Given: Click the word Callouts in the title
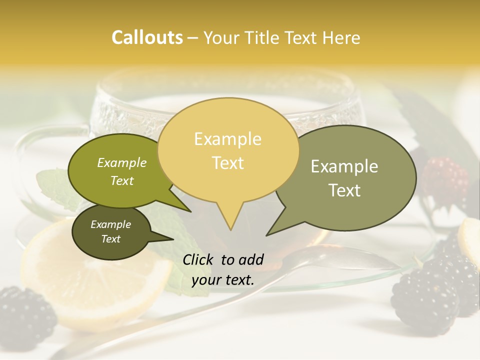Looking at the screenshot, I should pyautogui.click(x=147, y=37).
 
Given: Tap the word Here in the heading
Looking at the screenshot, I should pyautogui.click(x=341, y=38).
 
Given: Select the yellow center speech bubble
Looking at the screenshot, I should pyautogui.click(x=228, y=150).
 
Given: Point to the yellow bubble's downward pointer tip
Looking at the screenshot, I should pyautogui.click(x=230, y=229).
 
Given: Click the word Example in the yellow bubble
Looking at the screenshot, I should pyautogui.click(x=227, y=139).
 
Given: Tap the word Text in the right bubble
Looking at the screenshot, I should pyautogui.click(x=344, y=190).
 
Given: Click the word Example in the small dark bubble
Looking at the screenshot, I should pyautogui.click(x=110, y=224).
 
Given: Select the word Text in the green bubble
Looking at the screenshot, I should pyautogui.click(x=121, y=181).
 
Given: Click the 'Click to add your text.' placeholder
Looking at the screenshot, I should pyautogui.click(x=223, y=269).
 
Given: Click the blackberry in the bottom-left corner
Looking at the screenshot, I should pyautogui.click(x=25, y=315).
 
